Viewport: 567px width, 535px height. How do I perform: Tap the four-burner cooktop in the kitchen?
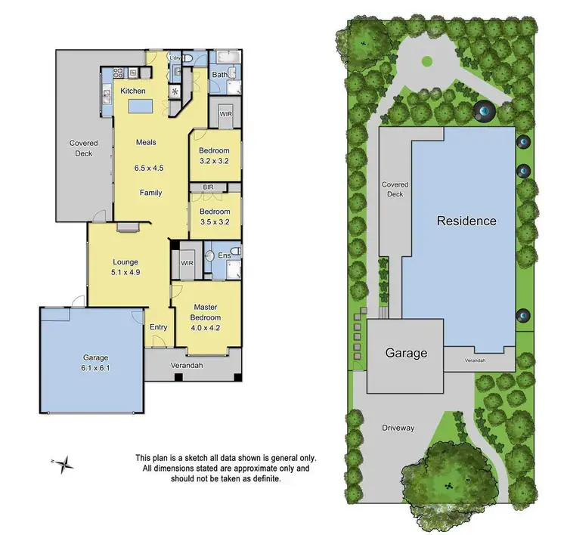click(x=119, y=73)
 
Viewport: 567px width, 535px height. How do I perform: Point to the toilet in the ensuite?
click(x=235, y=252)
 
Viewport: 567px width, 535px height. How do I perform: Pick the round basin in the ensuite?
click(x=209, y=255)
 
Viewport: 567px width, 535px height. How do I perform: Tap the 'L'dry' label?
click(x=175, y=58)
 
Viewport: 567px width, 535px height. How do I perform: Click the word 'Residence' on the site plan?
click(x=466, y=221)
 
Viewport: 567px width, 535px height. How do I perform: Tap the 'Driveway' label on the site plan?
click(x=398, y=428)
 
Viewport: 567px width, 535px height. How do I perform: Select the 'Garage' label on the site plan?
click(x=406, y=353)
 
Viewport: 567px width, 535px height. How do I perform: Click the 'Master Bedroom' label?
click(x=206, y=312)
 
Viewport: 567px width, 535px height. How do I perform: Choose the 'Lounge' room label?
click(x=125, y=262)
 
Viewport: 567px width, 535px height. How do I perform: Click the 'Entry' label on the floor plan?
click(x=158, y=327)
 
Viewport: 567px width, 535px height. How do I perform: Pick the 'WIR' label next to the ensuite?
click(x=186, y=264)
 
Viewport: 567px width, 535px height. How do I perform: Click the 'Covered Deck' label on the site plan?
click(x=395, y=189)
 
